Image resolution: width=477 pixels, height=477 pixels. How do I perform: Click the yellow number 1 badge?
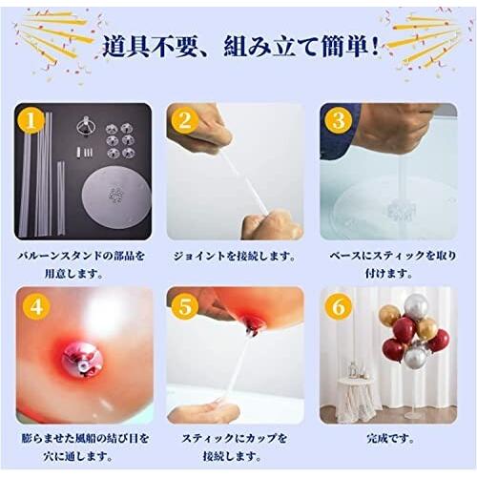[31, 121]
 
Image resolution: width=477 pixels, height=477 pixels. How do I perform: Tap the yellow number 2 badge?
[185, 121]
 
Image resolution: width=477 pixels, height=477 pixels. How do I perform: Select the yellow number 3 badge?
[339, 121]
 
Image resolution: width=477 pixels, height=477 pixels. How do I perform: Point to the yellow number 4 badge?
[36, 306]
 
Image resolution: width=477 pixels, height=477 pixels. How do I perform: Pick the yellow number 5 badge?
[185, 307]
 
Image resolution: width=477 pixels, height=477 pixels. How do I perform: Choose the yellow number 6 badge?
[339, 307]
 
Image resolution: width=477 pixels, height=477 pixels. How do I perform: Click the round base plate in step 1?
[116, 193]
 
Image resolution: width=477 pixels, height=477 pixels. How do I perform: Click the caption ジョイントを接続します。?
[234, 256]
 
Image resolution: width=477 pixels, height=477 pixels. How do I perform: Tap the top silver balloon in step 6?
[417, 305]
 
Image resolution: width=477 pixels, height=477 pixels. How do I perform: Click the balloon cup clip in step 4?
[79, 361]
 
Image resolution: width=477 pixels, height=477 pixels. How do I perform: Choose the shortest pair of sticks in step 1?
[61, 197]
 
